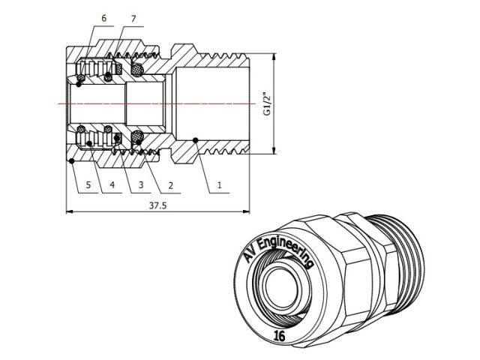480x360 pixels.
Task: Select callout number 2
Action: click(x=171, y=184)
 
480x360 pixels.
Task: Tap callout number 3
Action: click(x=142, y=184)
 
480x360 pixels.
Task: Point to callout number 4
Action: click(x=112, y=184)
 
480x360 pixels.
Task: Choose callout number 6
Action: click(x=103, y=17)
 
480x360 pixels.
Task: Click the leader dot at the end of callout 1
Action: click(x=195, y=139)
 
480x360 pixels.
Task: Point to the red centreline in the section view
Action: click(x=150, y=102)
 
